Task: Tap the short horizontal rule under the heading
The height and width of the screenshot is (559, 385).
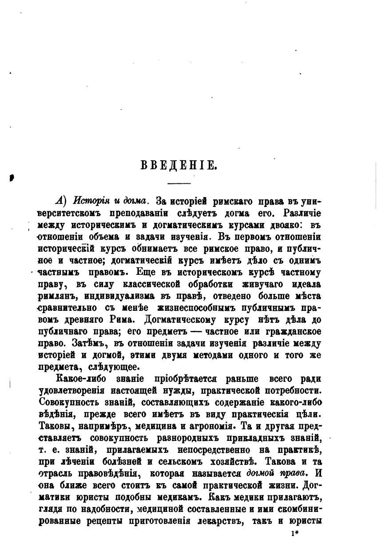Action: point(179,183)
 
